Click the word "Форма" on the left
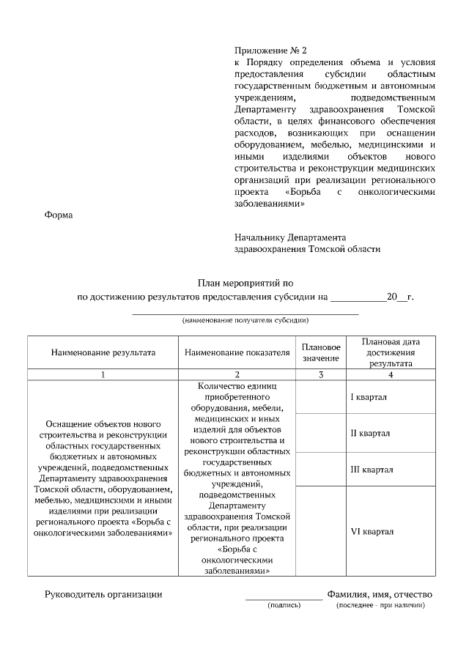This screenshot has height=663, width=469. (x=59, y=215)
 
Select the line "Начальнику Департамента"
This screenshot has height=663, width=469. (x=289, y=237)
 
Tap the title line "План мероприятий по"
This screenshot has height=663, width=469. (x=245, y=283)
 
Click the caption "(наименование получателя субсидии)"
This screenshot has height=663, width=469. (x=245, y=320)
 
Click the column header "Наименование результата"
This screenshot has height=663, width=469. (x=103, y=352)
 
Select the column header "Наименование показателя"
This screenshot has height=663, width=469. (x=237, y=352)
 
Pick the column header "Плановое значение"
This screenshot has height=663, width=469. (x=320, y=352)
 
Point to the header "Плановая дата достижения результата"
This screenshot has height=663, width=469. (x=391, y=352)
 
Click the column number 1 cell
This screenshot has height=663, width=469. (x=103, y=374)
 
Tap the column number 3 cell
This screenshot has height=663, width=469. (x=320, y=374)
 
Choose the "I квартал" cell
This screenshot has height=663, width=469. (x=370, y=396)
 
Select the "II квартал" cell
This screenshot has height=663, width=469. (x=370, y=433)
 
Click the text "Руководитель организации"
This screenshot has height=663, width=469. (x=104, y=594)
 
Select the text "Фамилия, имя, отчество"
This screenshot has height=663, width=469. (x=380, y=594)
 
